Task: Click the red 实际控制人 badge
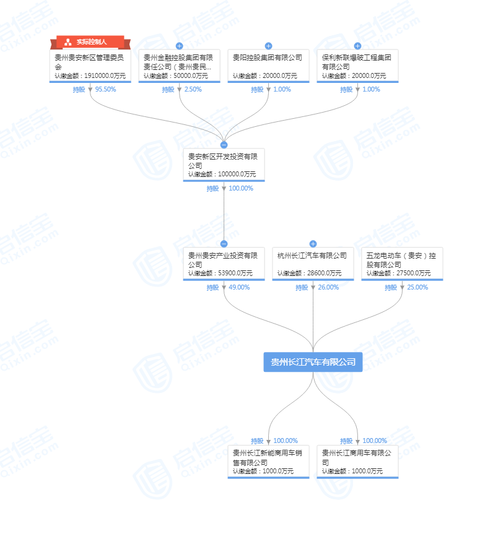point(90,42)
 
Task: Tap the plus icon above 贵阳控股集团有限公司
point(268,46)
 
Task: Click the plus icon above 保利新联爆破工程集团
point(357,46)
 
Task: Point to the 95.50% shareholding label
point(105,89)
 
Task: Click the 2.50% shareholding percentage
point(193,89)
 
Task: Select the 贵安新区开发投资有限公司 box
point(224,164)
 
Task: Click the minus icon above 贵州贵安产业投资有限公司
point(224,244)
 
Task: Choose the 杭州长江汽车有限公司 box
point(313,263)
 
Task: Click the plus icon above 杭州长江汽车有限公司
point(313,244)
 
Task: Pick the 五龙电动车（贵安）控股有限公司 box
point(402,263)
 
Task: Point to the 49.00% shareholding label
point(239,287)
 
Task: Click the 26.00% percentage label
point(328,287)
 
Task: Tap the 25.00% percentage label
point(417,287)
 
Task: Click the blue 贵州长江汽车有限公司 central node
point(313,362)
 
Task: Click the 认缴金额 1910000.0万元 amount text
point(90,75)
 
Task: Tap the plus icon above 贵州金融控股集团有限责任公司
point(179,46)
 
